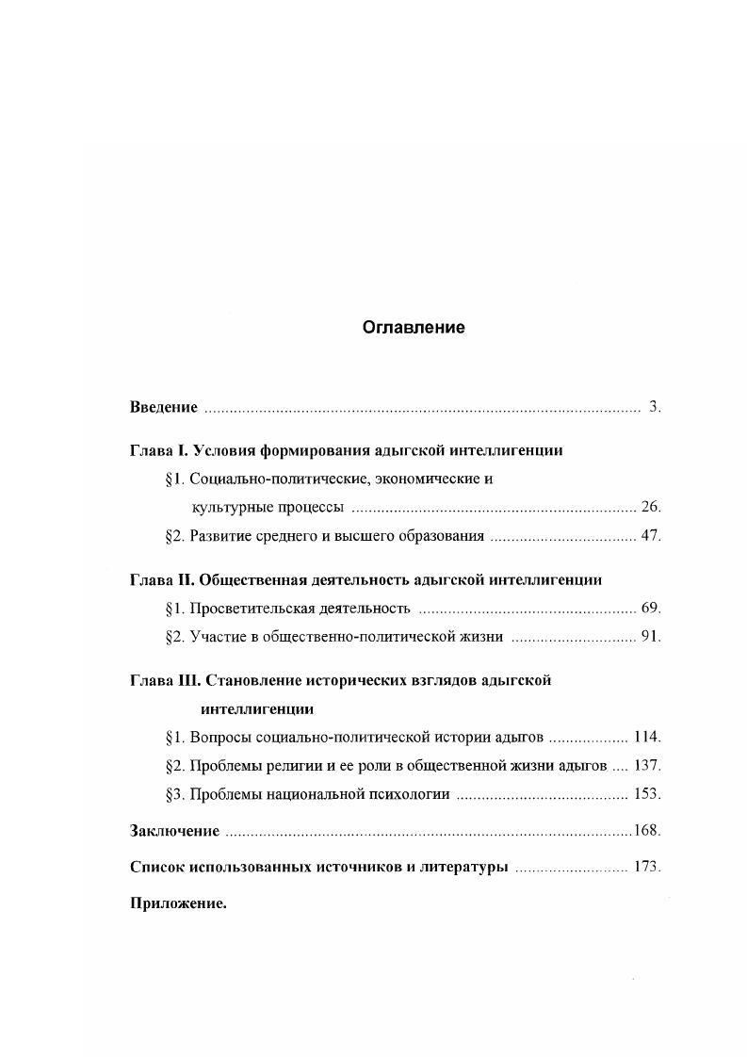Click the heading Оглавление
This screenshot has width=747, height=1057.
(x=414, y=328)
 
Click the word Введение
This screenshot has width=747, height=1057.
(x=163, y=407)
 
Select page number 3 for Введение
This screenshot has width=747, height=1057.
(x=654, y=407)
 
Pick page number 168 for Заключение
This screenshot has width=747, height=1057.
(x=646, y=831)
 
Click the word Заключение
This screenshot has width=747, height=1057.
(x=174, y=831)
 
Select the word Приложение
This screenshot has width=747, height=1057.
(x=177, y=903)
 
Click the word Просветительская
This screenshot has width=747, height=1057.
(x=250, y=608)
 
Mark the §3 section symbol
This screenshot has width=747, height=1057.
(x=173, y=793)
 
